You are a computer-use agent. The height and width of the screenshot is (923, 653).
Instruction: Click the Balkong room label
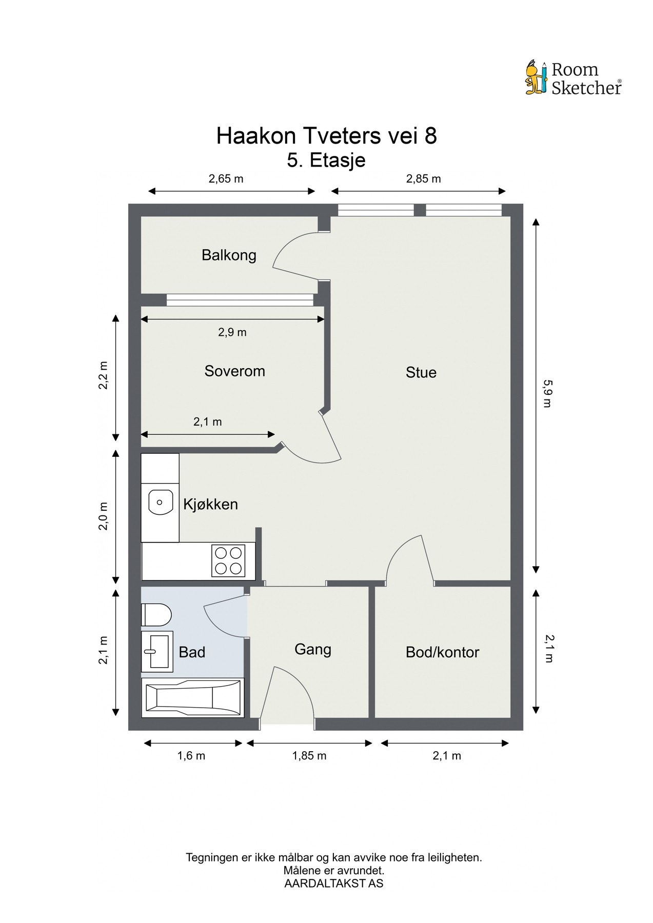coord(229,255)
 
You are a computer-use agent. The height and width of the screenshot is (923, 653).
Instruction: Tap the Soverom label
coord(234,371)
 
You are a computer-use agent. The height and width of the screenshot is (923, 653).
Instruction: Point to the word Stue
coord(421,372)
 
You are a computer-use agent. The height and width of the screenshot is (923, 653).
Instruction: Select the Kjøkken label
coord(210,505)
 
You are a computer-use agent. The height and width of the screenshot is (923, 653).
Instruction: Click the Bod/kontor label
coord(442,652)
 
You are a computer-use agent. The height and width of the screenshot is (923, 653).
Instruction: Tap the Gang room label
coord(312,650)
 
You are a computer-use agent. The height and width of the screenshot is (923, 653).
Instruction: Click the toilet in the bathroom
coord(156,614)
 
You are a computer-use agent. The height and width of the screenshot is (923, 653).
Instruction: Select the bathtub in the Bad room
coord(193,698)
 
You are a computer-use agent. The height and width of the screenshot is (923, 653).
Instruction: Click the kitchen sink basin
coord(161,501)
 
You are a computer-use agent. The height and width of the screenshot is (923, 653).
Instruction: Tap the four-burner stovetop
coord(229,560)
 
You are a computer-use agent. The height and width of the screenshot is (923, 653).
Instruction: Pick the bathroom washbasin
coord(156,652)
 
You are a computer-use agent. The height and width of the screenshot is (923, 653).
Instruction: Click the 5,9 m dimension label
coord(547,393)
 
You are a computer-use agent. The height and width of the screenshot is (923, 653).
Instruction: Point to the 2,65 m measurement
coord(226,179)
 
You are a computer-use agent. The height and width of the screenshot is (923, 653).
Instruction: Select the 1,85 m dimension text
coord(309,756)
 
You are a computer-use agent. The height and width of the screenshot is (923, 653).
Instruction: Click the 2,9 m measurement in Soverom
coord(232,332)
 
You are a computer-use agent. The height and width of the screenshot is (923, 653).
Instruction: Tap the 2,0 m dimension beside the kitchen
coord(104,516)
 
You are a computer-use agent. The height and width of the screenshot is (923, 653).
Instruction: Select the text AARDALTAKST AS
coord(333,884)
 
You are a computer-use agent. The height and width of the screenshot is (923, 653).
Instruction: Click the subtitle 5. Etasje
coord(326,160)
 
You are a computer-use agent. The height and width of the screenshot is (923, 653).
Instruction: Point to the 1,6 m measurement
coord(191,756)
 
